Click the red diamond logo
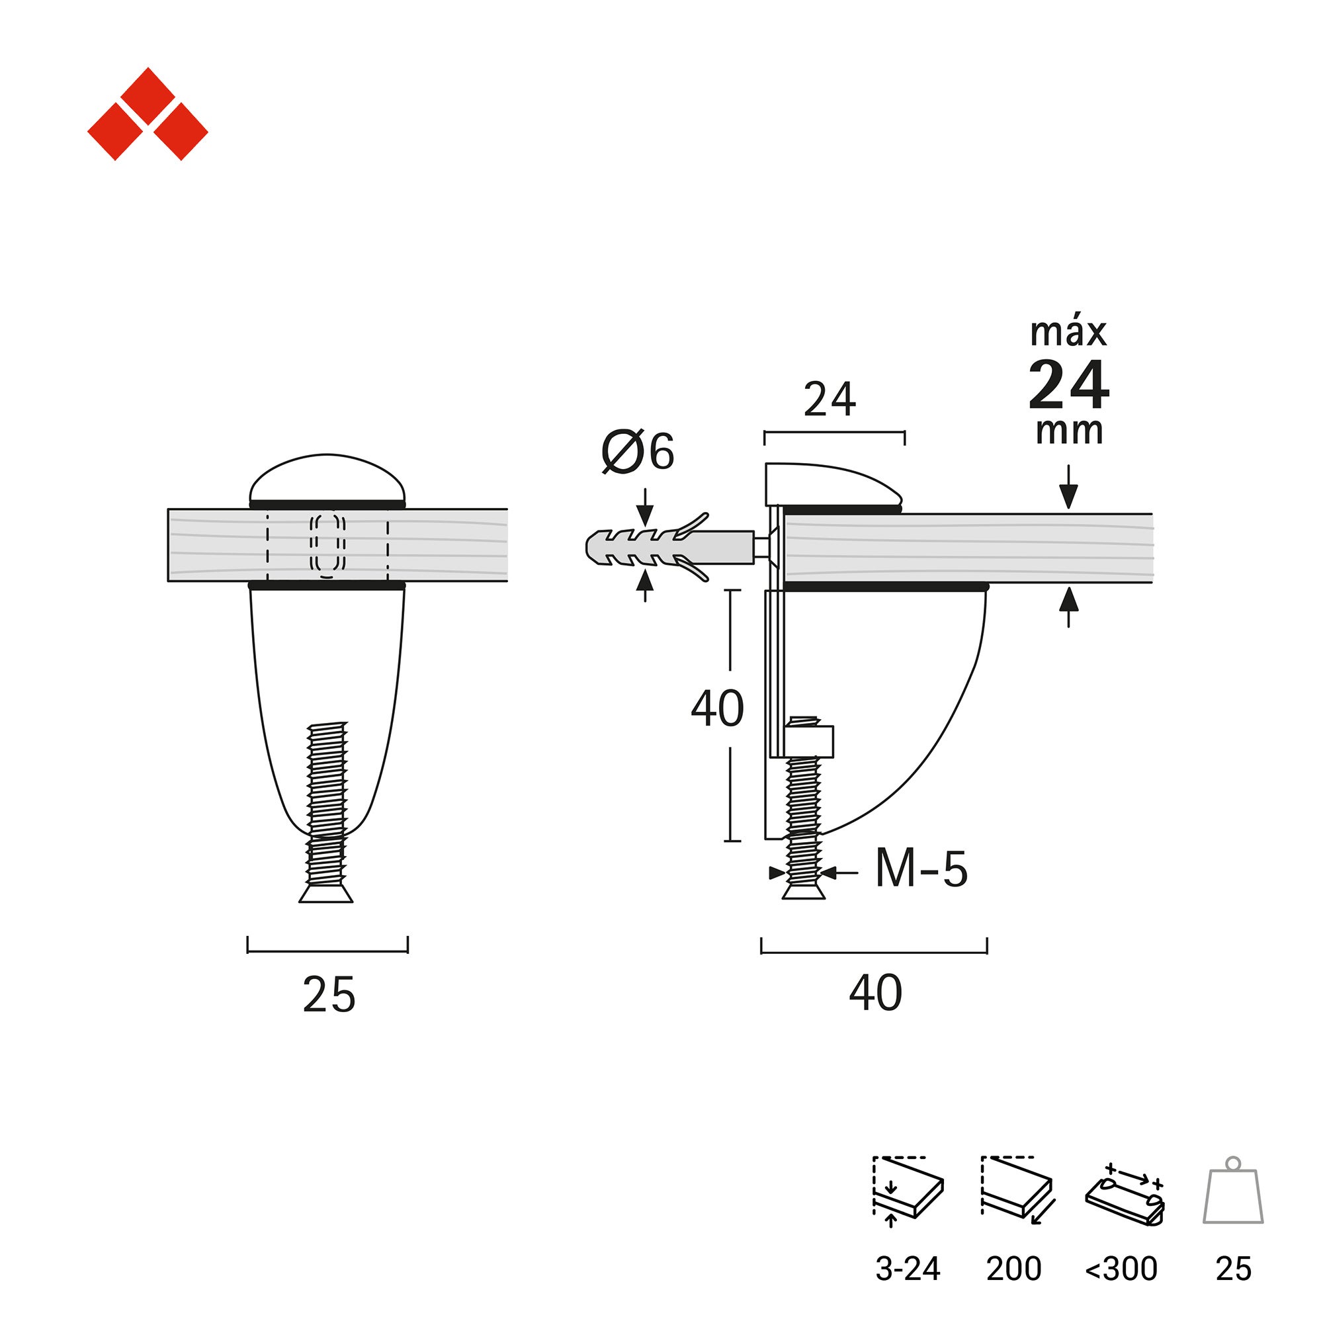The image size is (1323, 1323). (x=148, y=114)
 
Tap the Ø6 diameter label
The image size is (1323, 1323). (x=638, y=452)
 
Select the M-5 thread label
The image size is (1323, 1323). (x=921, y=869)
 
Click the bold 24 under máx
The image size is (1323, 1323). (x=1068, y=385)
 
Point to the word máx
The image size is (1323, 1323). (x=1068, y=333)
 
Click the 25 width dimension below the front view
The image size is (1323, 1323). (x=329, y=995)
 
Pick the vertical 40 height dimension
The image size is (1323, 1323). (x=717, y=708)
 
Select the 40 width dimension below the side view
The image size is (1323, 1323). (x=875, y=992)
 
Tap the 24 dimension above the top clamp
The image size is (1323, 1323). (x=830, y=400)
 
